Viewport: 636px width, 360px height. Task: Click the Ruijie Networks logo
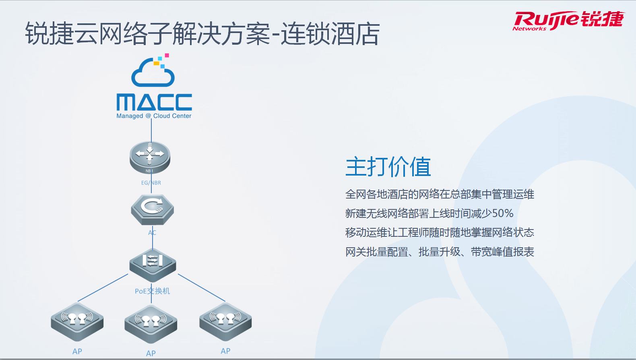tap(568, 21)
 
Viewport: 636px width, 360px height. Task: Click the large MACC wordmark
tap(154, 102)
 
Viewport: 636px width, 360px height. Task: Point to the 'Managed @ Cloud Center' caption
tap(154, 116)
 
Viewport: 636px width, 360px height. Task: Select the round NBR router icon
tap(150, 157)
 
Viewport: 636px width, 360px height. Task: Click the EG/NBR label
tap(151, 183)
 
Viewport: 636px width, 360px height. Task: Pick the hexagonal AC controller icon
tap(153, 210)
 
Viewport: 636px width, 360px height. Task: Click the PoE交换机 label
tap(153, 291)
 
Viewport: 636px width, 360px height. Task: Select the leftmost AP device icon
tap(77, 322)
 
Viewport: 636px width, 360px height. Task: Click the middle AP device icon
tap(151, 324)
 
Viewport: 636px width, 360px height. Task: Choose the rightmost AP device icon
tap(225, 322)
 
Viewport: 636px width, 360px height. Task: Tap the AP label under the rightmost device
tap(225, 351)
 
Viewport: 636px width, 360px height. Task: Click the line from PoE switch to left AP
tap(103, 288)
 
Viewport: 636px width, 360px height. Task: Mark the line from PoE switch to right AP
tap(202, 288)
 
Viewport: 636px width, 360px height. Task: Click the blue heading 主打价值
tap(388, 167)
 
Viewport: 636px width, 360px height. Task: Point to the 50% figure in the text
tap(502, 213)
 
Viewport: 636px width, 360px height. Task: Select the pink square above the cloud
tap(167, 55)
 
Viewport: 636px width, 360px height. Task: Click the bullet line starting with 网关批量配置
tap(440, 252)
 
